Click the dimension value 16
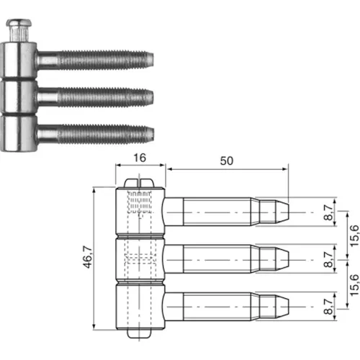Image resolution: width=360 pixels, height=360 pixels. tap(140, 158)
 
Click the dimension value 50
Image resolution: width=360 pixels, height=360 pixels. tap(227, 161)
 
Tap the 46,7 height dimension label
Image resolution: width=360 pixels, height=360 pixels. tap(88, 257)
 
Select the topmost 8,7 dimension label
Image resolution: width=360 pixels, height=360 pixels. tap(328, 212)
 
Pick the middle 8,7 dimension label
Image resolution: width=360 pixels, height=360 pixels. tap(328, 259)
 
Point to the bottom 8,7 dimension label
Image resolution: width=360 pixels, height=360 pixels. tap(328, 307)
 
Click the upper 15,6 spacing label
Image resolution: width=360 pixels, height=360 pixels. tap(354, 236)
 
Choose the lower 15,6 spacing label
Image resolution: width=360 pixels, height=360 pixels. tap(354, 285)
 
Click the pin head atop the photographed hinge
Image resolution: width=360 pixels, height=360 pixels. tap(19, 23)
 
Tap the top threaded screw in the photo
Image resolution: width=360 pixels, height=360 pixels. tap(95, 60)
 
